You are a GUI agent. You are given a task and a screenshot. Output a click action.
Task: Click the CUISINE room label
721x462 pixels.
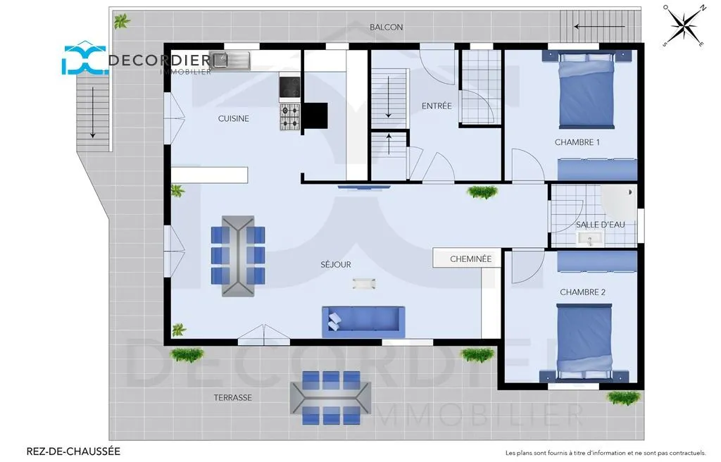click(x=234, y=119)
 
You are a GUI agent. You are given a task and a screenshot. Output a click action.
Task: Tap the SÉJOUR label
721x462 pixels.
click(x=336, y=265)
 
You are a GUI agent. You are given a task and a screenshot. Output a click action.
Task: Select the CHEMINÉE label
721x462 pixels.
click(x=471, y=259)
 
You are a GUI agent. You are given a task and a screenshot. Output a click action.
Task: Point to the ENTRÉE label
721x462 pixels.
click(x=437, y=106)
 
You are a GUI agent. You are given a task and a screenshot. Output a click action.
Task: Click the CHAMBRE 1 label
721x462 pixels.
click(x=577, y=142)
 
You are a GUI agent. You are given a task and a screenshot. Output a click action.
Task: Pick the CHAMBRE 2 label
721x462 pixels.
click(x=582, y=292)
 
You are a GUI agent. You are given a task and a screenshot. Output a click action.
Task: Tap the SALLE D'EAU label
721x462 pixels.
click(x=601, y=225)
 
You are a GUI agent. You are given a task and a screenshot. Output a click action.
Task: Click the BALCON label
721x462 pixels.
click(x=387, y=27)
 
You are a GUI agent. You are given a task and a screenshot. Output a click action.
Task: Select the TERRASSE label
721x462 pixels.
click(x=232, y=398)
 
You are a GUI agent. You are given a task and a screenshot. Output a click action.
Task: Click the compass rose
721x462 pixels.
click(x=685, y=25)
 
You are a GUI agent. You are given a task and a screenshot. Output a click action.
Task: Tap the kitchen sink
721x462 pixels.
click(x=230, y=61)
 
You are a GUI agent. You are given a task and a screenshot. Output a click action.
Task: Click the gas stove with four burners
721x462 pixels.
click(x=290, y=117)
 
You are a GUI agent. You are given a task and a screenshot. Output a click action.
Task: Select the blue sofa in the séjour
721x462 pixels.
click(x=363, y=319)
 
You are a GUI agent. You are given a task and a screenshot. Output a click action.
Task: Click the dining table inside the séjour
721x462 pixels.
click(x=238, y=256)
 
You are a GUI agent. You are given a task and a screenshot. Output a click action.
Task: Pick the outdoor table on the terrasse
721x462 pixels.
click(x=331, y=398)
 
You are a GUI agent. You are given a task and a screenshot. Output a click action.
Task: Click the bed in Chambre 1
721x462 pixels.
click(x=587, y=89)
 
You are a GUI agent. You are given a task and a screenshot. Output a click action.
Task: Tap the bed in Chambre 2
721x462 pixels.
click(x=584, y=342)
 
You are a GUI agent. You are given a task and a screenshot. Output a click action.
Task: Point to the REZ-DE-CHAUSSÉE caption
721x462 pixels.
click(x=73, y=451)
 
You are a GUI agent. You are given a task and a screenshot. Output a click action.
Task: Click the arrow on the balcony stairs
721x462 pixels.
click(x=600, y=27)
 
